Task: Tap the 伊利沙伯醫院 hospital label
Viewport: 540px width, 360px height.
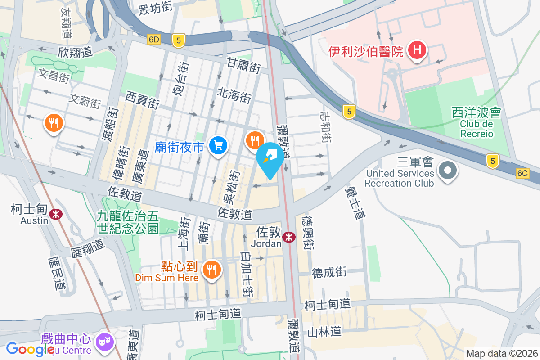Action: pos(366,52)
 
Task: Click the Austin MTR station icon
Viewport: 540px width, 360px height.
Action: pos(56,214)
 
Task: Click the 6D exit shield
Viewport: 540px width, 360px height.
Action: pos(153,40)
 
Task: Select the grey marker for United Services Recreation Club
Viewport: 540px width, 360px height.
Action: pos(448,171)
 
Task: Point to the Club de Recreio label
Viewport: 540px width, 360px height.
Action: pos(477,129)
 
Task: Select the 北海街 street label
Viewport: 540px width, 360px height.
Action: pos(234,95)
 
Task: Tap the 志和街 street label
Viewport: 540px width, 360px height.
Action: pos(325,128)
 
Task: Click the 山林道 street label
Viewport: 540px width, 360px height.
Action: pos(324,332)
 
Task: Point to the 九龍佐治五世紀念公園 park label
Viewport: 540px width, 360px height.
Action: pos(127,222)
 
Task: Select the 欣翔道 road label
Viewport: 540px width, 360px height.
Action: pos(75,52)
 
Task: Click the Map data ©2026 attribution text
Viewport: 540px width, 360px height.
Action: pos(502,354)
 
